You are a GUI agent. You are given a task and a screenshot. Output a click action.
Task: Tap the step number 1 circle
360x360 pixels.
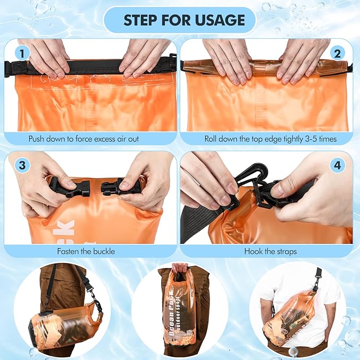[22, 53]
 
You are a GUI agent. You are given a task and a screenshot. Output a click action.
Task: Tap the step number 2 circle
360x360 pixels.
[337, 53]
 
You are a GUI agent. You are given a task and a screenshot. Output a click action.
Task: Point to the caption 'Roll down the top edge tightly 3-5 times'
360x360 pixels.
[270, 139]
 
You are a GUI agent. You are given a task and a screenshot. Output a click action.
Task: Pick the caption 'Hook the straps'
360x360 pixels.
[270, 251]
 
